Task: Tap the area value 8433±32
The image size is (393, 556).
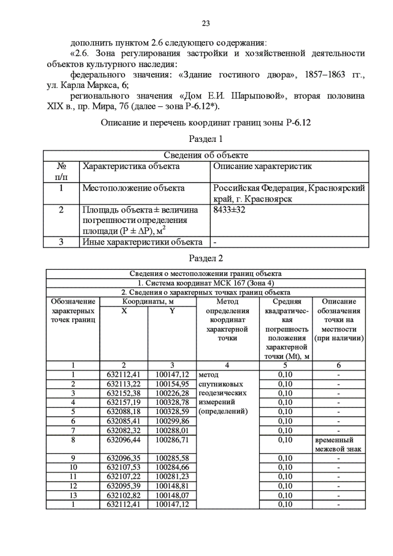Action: (228, 210)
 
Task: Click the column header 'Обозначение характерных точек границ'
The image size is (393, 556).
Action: (72, 311)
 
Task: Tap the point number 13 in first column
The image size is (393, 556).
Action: (72, 495)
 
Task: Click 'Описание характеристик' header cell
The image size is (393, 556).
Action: (262, 166)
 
